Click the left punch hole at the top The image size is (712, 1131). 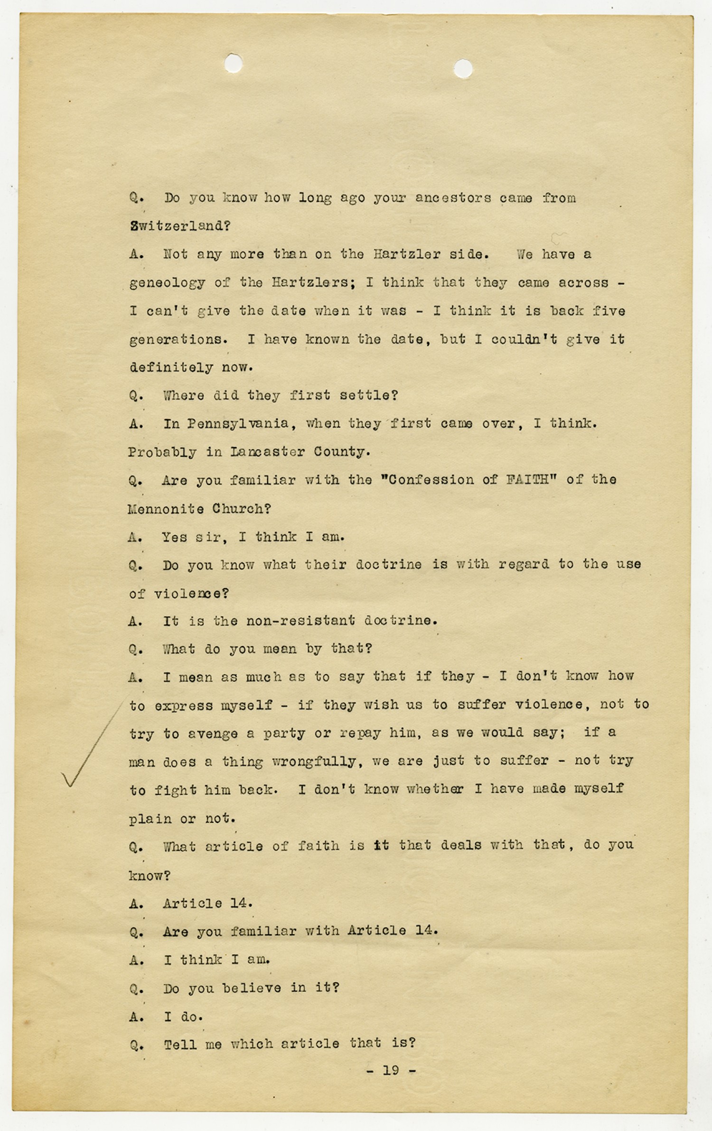(233, 64)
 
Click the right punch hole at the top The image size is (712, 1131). (463, 69)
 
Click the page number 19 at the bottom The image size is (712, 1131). (391, 1070)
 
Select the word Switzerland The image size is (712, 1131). (180, 226)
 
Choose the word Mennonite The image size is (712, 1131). (166, 509)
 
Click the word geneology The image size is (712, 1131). (167, 283)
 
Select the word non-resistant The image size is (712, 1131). (300, 621)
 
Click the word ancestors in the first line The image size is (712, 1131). (453, 198)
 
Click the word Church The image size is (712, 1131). (241, 509)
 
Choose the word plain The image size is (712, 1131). (150, 819)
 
